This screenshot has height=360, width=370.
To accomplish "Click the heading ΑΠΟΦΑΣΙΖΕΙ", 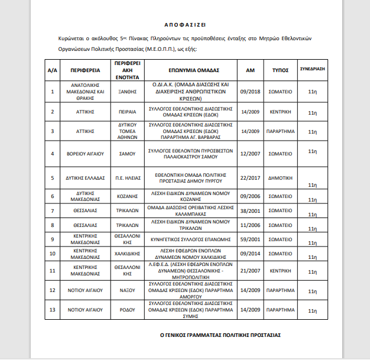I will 184,25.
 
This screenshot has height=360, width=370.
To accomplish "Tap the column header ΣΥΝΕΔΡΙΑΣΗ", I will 313,69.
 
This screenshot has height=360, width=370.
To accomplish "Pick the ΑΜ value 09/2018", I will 250,92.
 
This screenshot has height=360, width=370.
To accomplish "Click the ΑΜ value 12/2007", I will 250,154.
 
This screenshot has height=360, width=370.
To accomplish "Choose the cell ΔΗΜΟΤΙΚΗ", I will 280,177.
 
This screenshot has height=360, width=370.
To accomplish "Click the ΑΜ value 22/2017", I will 250,177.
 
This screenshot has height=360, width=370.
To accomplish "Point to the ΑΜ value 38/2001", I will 250,210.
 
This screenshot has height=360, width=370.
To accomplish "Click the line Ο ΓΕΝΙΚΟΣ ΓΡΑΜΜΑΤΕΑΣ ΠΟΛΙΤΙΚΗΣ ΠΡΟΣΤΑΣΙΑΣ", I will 220,335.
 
